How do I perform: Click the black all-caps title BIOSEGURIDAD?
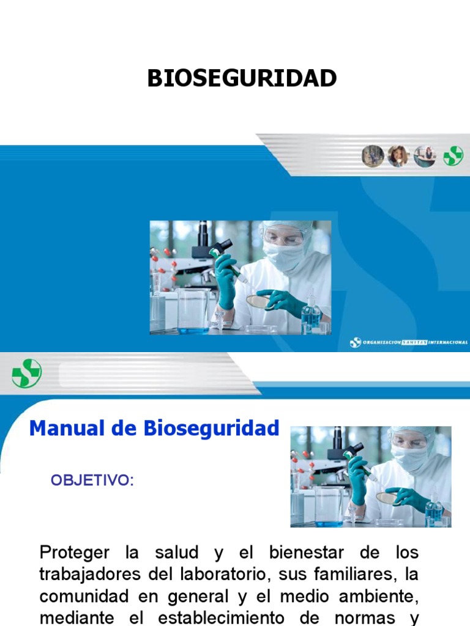pyautogui.click(x=242, y=78)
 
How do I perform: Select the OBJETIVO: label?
pyautogui.click(x=92, y=480)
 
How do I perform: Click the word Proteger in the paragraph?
pyautogui.click(x=75, y=554)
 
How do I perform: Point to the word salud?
pyautogui.click(x=176, y=553)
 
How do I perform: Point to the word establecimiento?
pyautogui.click(x=221, y=619)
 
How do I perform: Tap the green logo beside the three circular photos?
pyautogui.click(x=453, y=156)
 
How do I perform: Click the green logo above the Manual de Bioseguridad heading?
pyautogui.click(x=27, y=373)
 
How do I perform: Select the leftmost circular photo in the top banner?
pyautogui.click(x=372, y=156)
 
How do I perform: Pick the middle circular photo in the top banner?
pyautogui.click(x=398, y=156)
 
